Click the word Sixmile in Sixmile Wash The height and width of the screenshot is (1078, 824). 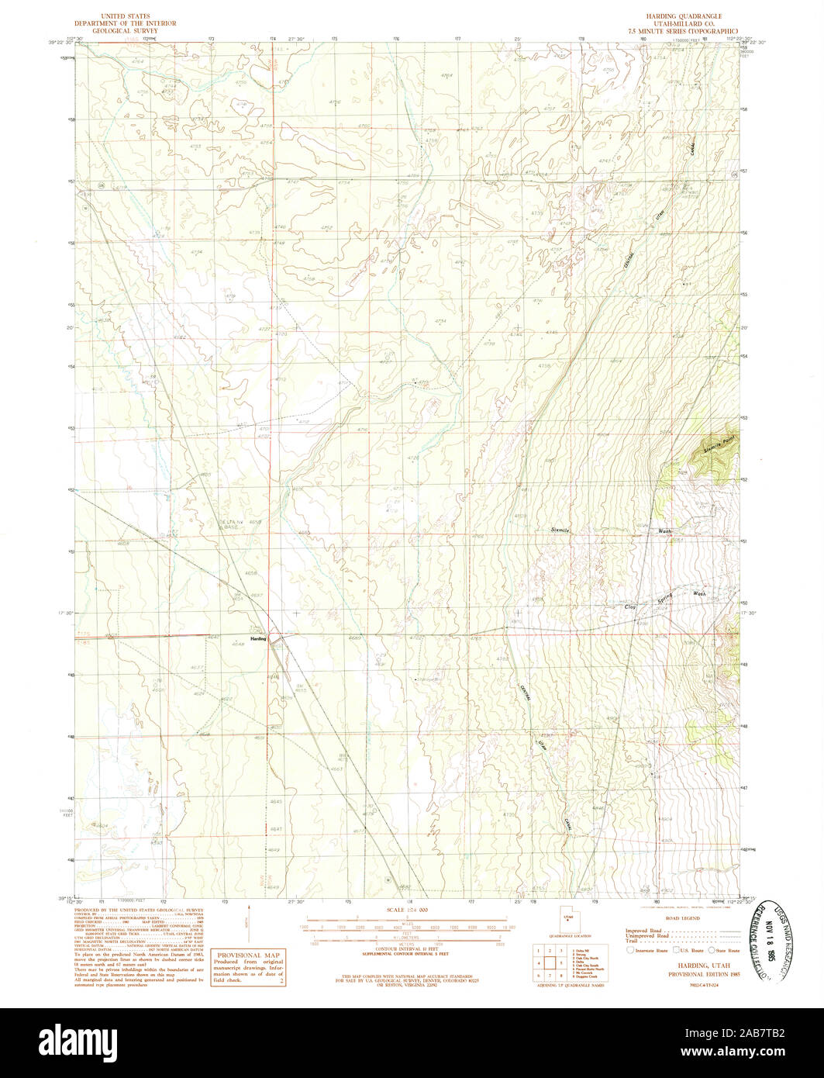560,530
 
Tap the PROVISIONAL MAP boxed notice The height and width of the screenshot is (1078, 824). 248,969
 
